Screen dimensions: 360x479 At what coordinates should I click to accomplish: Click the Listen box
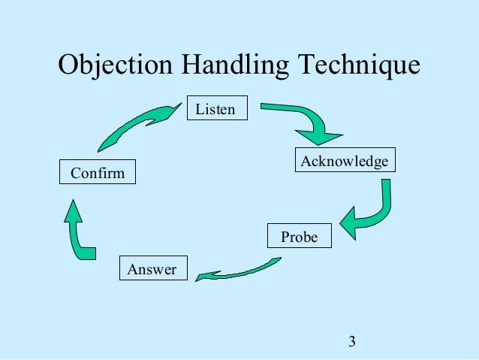click(215, 110)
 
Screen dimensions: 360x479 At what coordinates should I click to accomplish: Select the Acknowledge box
click(344, 162)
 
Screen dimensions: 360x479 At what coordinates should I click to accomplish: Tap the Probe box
click(299, 237)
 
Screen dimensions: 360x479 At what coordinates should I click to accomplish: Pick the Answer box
click(152, 269)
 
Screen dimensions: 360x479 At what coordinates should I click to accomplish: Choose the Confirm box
click(98, 173)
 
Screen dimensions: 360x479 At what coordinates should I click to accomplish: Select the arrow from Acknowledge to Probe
click(372, 210)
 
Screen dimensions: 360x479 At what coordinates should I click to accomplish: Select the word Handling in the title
click(236, 68)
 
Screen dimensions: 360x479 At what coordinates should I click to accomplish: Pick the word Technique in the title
click(360, 68)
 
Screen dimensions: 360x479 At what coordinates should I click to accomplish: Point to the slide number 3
click(351, 343)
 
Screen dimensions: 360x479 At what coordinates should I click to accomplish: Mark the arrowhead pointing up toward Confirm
click(73, 210)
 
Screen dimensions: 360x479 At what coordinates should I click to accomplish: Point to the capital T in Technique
click(309, 66)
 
